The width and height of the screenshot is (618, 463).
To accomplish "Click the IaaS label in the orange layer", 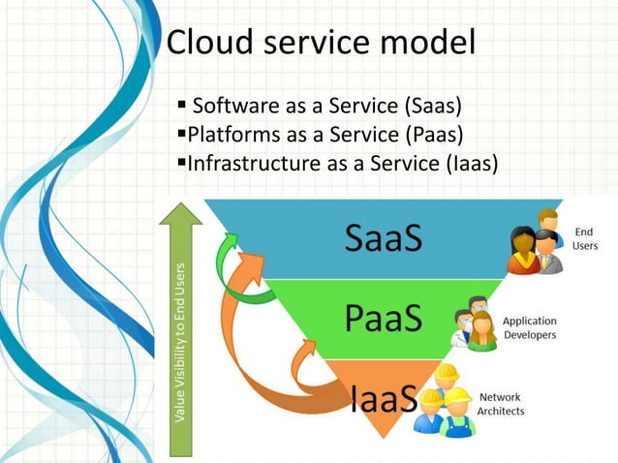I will click(x=384, y=397).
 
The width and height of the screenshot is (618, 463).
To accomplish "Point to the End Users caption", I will click(x=585, y=239).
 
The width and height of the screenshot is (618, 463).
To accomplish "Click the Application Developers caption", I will click(x=529, y=327).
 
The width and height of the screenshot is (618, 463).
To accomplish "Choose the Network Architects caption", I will click(x=502, y=404).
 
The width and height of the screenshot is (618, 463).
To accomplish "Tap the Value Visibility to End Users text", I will click(x=180, y=344).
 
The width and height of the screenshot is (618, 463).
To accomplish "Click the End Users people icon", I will click(x=537, y=242).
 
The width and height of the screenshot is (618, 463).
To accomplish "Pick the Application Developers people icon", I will click(x=475, y=324).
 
